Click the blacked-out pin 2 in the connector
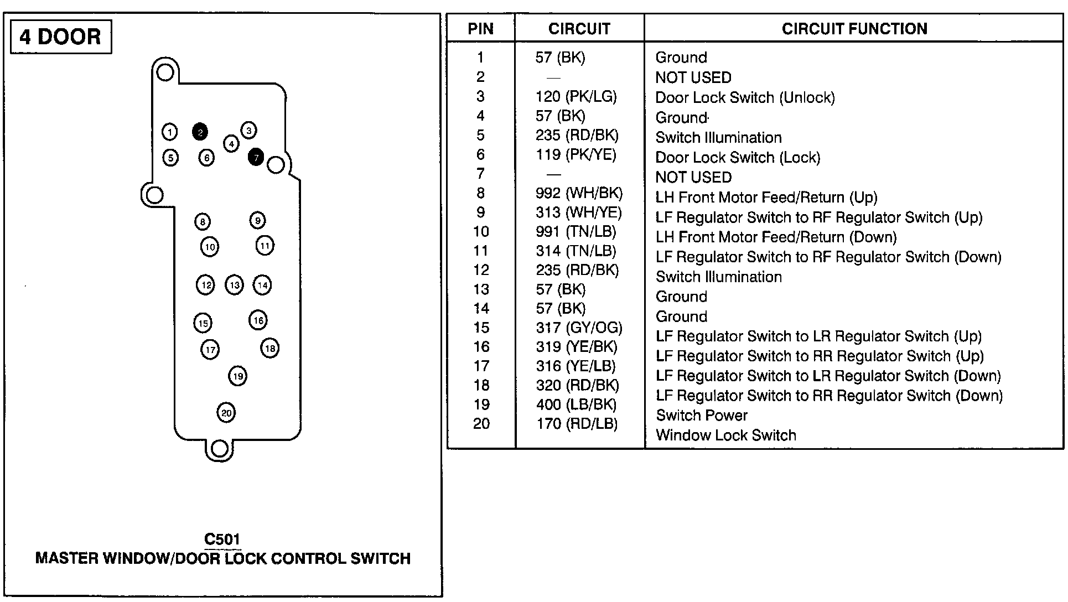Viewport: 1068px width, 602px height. [200, 132]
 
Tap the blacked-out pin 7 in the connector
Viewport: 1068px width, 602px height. [256, 157]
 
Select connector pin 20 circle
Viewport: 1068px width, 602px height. [226, 412]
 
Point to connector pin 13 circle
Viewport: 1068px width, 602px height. [235, 285]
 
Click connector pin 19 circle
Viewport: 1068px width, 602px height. [237, 376]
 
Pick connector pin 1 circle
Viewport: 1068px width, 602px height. [170, 132]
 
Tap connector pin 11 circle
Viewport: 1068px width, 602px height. [265, 245]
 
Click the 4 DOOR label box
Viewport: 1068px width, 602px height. [61, 37]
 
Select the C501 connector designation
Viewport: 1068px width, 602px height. [222, 539]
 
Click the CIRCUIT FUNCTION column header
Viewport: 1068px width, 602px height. [854, 29]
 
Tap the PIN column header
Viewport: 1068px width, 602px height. [480, 29]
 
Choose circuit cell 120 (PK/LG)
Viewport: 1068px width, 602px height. [576, 97]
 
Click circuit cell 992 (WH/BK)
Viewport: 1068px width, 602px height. [579, 193]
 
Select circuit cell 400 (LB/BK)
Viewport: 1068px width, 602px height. [576, 404]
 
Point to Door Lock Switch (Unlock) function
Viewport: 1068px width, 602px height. [745, 98]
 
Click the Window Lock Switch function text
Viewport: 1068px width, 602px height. [725, 435]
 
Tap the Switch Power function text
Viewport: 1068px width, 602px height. [701, 416]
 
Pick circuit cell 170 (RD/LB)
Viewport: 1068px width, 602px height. [576, 424]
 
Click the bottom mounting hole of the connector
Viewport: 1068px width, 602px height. [220, 449]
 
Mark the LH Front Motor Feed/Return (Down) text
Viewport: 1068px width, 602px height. [776, 237]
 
